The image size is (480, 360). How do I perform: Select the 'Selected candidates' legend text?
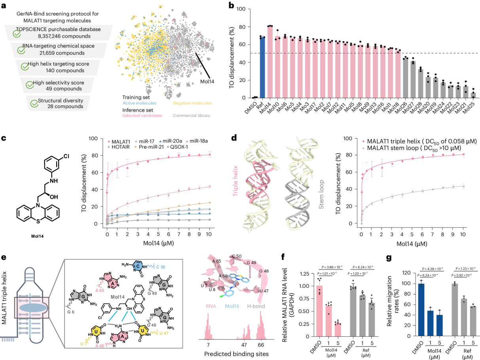141,116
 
